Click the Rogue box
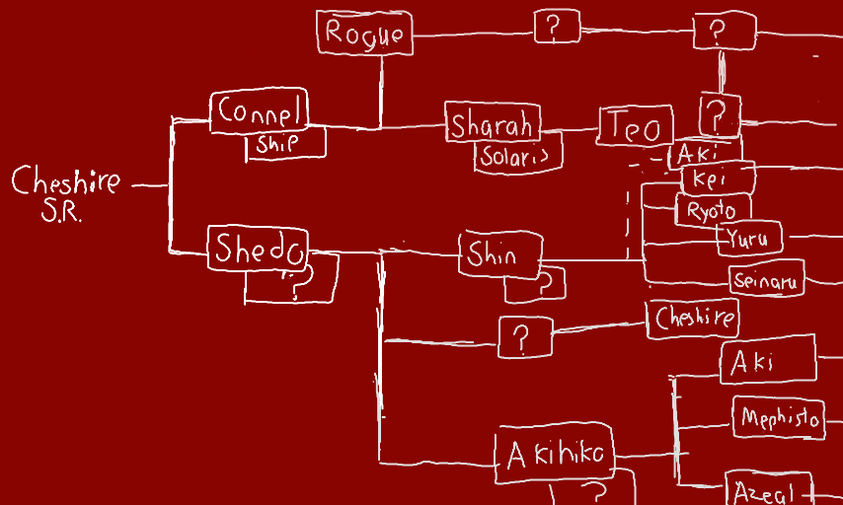(x=364, y=34)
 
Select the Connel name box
(x=260, y=111)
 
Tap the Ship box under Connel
(x=284, y=144)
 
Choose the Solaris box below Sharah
(x=518, y=155)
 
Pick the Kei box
(x=718, y=180)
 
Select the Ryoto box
(x=712, y=210)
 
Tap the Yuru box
(x=752, y=238)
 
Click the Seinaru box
(x=768, y=279)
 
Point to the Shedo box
(x=258, y=249)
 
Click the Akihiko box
(x=554, y=455)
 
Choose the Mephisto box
(x=778, y=419)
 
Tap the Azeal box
(x=768, y=490)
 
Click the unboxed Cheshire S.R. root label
(x=66, y=191)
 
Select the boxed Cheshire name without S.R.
(x=695, y=318)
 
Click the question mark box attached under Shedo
(x=292, y=279)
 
